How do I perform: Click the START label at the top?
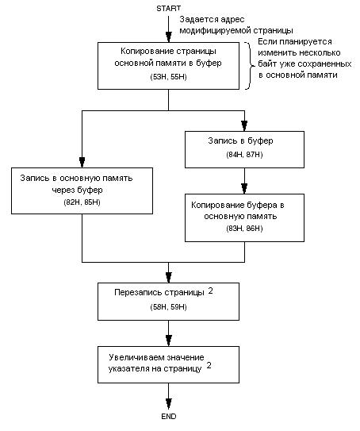168,8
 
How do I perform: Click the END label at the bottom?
169,417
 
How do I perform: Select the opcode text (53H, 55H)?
168,77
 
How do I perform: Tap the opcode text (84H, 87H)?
244,155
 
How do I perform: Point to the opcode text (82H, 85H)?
82,202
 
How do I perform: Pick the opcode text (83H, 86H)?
244,228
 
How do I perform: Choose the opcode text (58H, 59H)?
168,306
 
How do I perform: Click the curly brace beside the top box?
249,66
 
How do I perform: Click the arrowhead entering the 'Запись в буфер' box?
244,126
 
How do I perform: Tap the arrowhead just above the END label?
169,404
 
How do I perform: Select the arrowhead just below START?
169,37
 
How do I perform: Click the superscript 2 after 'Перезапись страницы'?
210,291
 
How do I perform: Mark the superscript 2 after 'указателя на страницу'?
209,365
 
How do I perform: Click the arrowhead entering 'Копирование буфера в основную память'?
244,189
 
